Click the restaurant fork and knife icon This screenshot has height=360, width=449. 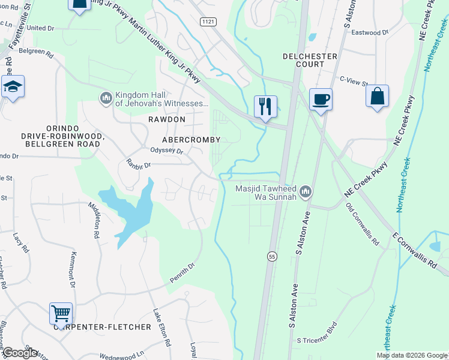pos(265,106)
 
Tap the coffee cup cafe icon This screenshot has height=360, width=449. pos(321,98)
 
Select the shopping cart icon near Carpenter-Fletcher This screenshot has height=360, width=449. pos(61,313)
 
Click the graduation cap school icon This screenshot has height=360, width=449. pos(13,86)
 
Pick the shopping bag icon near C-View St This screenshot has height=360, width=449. pos(377,97)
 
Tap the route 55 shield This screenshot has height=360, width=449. pos(272,256)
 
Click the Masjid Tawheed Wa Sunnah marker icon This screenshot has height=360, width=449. pos(306,191)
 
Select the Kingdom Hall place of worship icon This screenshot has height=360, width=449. pos(106,97)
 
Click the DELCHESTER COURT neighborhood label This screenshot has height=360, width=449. pos(310,56)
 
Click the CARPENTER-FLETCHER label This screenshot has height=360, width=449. pos(102,327)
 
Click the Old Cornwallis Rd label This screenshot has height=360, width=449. pos(362,225)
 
